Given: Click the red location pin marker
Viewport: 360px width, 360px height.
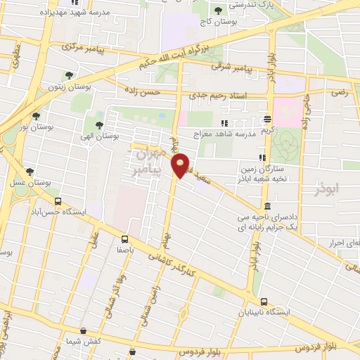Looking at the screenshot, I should (x=181, y=166).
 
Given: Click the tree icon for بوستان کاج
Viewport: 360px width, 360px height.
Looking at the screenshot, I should (x=218, y=10).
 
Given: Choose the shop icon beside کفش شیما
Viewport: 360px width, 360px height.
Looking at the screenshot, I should (x=84, y=330).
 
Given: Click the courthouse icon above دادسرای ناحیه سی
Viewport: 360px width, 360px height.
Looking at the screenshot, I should (x=267, y=206).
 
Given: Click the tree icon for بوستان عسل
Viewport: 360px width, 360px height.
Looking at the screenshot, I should (x=30, y=171).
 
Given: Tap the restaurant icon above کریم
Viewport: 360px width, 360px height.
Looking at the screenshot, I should (x=267, y=120).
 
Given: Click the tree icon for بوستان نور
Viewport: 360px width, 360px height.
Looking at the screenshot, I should (x=36, y=116).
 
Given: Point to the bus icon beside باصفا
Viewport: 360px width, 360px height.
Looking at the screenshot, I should (x=124, y=238).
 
